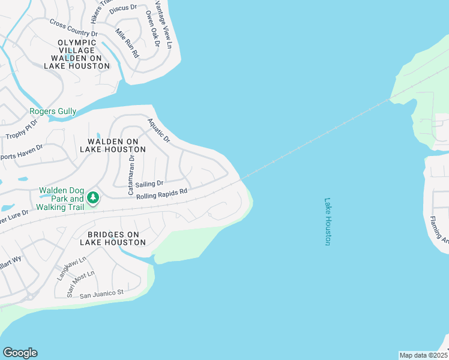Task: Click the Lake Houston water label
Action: point(328,221)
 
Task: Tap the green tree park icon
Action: point(92,197)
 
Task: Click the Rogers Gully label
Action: point(53,112)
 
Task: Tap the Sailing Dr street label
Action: point(149,184)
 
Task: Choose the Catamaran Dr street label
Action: point(131,173)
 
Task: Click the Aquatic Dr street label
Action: point(159,131)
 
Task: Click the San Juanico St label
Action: point(101,293)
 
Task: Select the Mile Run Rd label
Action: point(127,43)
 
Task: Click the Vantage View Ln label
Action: point(164,24)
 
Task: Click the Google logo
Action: point(20,353)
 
